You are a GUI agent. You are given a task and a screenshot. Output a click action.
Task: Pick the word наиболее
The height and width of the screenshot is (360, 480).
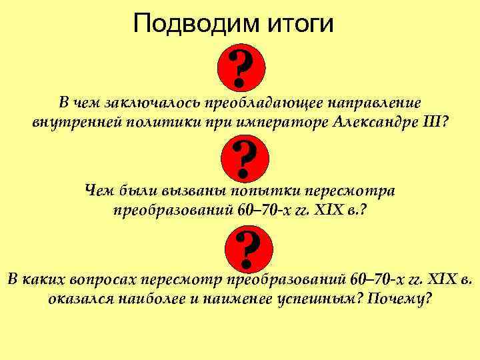pyautogui.click(x=153, y=298)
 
